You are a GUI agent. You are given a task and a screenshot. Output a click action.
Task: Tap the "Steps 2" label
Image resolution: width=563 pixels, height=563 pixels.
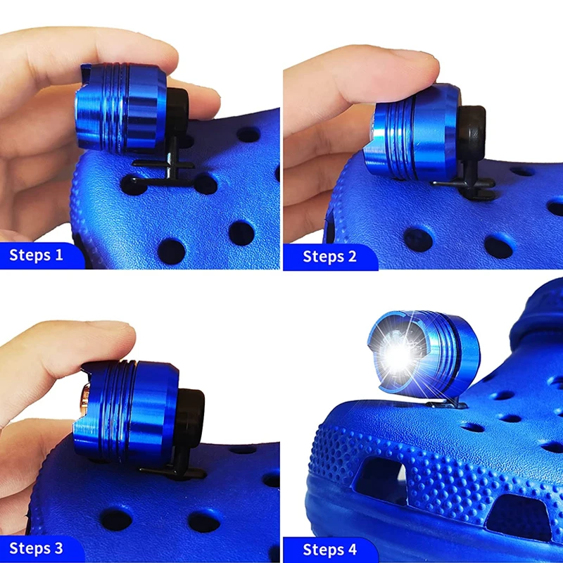[x=329, y=255]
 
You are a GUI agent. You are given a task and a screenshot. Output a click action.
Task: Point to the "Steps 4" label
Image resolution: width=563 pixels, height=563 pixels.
[x=329, y=549]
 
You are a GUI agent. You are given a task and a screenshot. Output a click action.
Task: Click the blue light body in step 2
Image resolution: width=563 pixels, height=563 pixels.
[x=412, y=137]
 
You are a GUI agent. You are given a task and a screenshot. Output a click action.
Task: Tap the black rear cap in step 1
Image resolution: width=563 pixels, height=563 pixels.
[x=176, y=113]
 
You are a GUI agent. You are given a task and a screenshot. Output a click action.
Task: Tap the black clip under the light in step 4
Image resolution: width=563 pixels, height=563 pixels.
[x=450, y=402]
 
